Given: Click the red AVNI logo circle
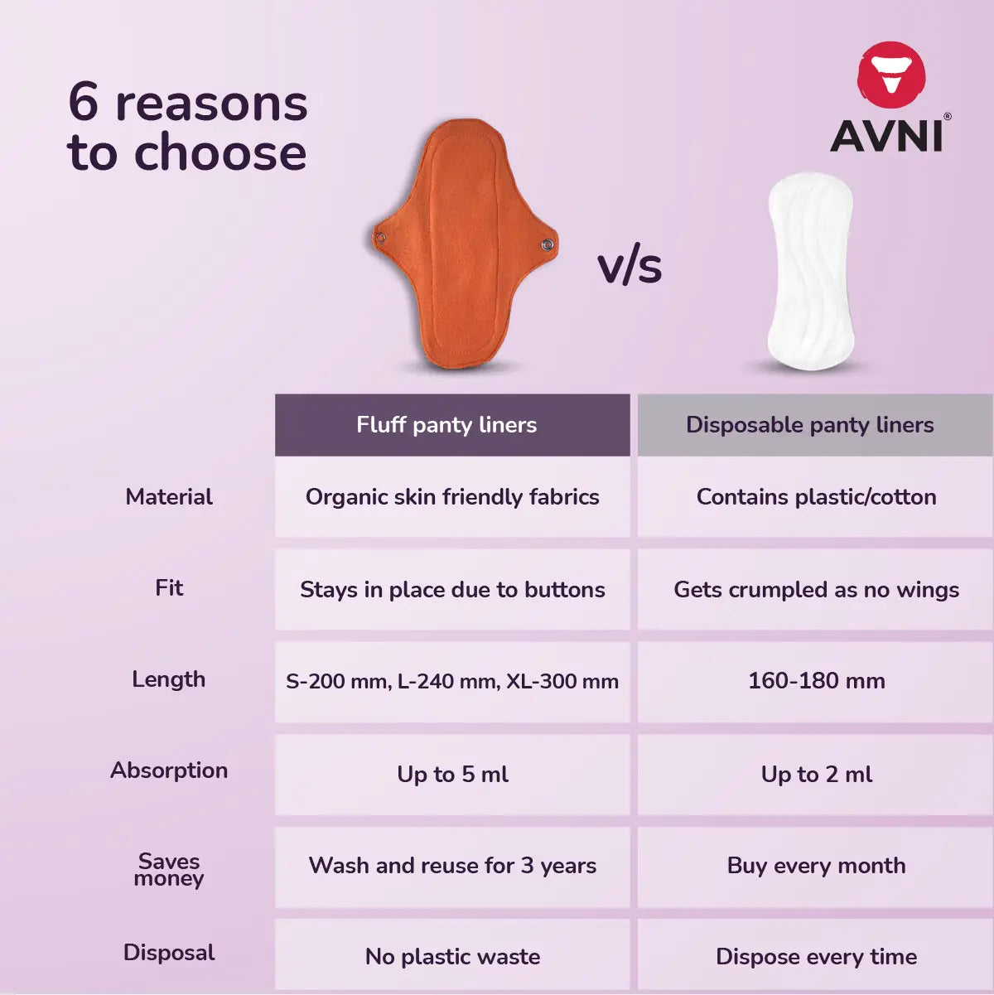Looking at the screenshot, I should (891, 75).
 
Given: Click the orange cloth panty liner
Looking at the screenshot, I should (464, 244).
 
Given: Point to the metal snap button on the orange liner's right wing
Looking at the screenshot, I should (548, 244).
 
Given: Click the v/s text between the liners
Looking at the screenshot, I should (630, 267).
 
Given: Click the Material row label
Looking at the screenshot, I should (169, 497).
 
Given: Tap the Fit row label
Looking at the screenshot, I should (169, 588).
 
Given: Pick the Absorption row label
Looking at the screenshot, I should (169, 770).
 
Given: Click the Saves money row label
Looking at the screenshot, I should (169, 869).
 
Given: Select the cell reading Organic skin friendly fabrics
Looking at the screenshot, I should (452, 497).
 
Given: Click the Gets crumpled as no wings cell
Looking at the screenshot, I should (816, 590).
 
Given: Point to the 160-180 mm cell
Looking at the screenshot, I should (816, 681).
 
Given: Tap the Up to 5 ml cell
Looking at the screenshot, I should (452, 774).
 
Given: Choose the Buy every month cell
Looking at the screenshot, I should (816, 866).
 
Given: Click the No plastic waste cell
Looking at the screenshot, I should (452, 957).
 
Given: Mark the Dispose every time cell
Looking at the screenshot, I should (816, 957).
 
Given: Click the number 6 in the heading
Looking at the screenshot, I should (84, 103).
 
